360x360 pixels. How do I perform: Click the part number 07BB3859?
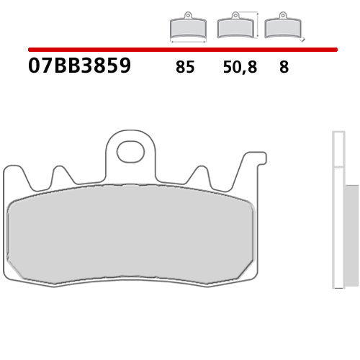(x=79, y=66)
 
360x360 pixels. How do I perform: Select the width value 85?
(x=184, y=68)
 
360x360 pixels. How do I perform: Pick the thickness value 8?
(x=284, y=68)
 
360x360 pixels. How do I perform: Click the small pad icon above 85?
(x=187, y=27)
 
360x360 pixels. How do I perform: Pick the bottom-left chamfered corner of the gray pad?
(x=13, y=268)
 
